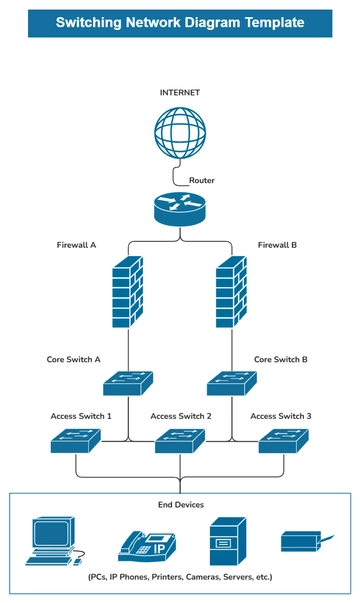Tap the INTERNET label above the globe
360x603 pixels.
[180, 92]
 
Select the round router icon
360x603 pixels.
[180, 208]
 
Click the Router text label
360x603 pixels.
[201, 180]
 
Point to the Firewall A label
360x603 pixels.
[76, 244]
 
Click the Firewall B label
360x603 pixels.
[278, 244]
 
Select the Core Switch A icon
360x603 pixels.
[128, 381]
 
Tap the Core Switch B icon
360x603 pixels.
[232, 381]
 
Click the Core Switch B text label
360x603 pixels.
[280, 359]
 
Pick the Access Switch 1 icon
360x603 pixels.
[77, 440]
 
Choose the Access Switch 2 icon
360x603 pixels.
[180, 440]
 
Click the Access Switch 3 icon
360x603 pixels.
[283, 440]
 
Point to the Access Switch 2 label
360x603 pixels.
[180, 416]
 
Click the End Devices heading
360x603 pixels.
[180, 506]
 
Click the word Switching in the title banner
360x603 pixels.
[90, 21]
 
